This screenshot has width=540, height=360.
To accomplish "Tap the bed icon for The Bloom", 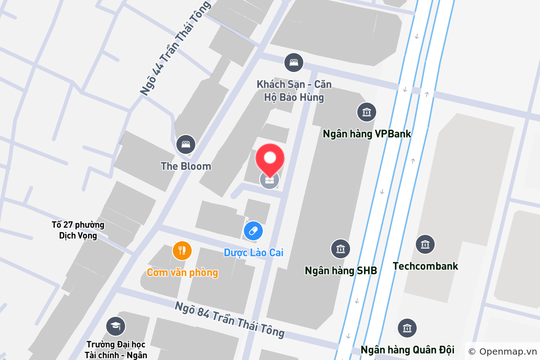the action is [x=185, y=144].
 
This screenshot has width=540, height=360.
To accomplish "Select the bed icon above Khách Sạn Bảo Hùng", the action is [x=294, y=62].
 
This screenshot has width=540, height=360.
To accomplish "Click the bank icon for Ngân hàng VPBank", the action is [x=367, y=112].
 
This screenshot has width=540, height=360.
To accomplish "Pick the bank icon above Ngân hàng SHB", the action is [x=341, y=249].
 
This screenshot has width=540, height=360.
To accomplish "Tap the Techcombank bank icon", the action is [x=425, y=244].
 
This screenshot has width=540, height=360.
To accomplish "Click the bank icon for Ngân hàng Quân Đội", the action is [x=407, y=328].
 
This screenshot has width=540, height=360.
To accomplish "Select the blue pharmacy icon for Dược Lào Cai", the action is [x=253, y=231].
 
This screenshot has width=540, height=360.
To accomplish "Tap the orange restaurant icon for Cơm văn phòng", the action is [x=182, y=251].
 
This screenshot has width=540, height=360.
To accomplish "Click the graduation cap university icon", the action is [x=116, y=326].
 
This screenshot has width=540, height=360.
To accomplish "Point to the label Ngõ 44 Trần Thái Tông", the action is [x=175, y=48].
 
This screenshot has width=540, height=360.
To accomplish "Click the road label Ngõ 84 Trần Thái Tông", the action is [x=230, y=319].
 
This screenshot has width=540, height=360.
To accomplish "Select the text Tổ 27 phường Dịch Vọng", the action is [x=78, y=230].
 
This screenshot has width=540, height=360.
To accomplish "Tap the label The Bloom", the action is [x=186, y=166].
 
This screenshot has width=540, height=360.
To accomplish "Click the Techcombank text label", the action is [x=425, y=266].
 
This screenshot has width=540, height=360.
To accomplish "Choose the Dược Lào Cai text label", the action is [x=253, y=252].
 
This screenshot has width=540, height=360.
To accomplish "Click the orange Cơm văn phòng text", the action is [x=182, y=272].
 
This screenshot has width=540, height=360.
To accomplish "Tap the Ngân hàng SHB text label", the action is [x=341, y=270].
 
